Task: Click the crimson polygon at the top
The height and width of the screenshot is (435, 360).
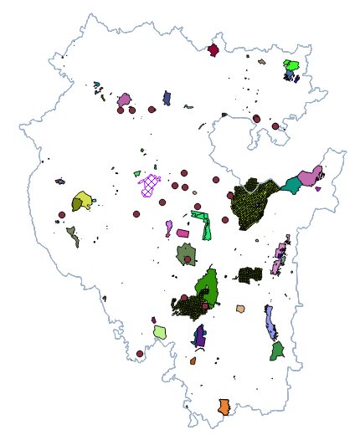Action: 213,50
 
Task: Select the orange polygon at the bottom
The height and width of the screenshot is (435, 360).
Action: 224,407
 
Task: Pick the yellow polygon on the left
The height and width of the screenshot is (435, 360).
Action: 82,200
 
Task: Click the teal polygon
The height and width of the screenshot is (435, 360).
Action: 292,185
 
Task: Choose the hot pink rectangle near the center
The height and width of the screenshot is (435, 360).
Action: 183,233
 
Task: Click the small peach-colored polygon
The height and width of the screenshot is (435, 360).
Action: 240,309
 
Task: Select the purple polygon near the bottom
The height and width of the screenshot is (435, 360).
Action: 199,336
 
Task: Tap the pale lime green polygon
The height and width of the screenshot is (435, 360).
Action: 160,332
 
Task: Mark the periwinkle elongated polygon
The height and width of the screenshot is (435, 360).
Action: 271,322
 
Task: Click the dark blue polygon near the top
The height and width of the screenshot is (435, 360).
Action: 167,98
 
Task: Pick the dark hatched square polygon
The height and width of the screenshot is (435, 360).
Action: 250,274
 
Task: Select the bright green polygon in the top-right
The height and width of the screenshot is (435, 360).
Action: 291,64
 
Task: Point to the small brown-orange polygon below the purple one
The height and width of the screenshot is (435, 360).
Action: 193,361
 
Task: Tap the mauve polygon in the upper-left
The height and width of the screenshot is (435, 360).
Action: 124,100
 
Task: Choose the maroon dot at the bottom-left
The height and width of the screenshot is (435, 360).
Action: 140,354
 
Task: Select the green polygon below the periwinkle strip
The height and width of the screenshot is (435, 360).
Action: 277,351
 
